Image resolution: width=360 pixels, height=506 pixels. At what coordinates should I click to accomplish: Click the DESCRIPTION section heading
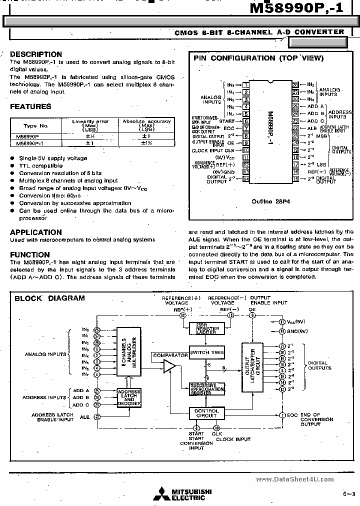[x=36, y=54]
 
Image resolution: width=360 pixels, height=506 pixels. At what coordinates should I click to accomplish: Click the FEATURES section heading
[x=30, y=106]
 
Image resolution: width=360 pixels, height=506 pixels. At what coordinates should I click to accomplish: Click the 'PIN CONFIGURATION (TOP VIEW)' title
[x=258, y=58]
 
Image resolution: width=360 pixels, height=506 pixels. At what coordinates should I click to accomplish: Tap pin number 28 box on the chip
[x=295, y=85]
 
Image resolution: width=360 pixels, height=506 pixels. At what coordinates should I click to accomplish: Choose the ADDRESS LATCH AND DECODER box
[x=129, y=397]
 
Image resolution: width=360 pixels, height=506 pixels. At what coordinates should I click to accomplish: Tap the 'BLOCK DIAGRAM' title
[x=49, y=298]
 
